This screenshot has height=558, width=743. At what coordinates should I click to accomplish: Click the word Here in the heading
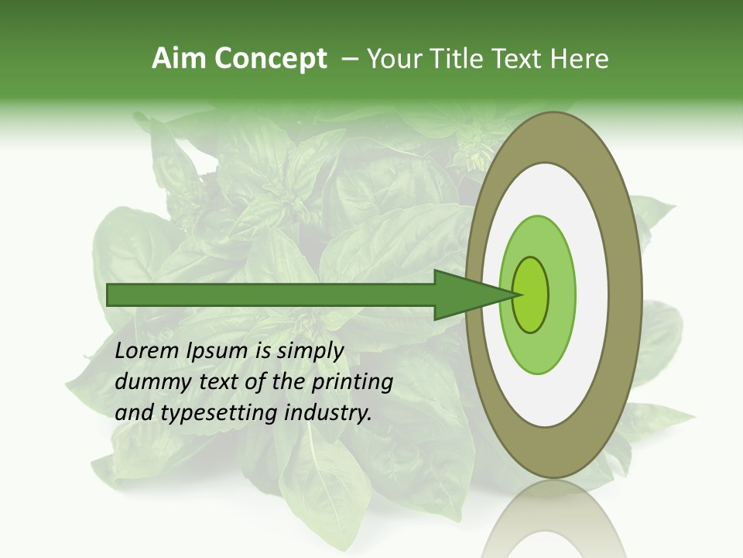coord(579,59)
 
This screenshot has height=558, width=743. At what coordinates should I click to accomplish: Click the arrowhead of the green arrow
coord(473,295)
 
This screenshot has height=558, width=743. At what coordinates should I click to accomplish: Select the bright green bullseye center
coord(531,295)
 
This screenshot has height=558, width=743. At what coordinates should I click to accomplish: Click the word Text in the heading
coord(519,59)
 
